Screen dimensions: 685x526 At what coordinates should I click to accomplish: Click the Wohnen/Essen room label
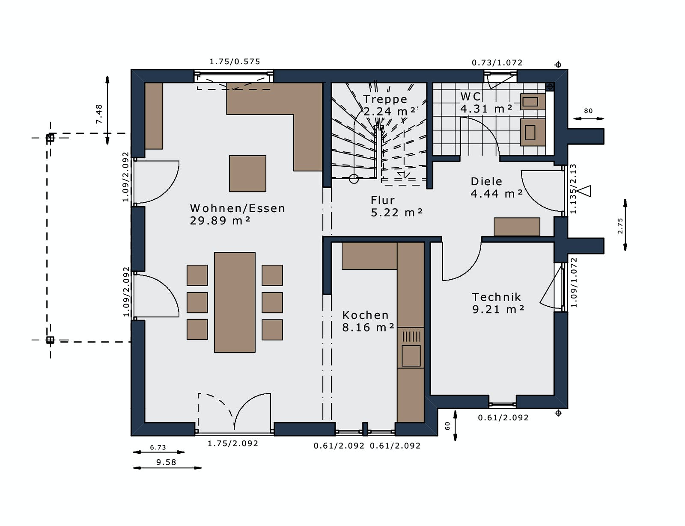click(237, 208)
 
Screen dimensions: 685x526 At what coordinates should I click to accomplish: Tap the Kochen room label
click(365, 315)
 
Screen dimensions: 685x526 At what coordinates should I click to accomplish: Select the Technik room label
click(496, 297)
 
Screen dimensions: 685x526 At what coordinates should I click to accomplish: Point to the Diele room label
click(486, 181)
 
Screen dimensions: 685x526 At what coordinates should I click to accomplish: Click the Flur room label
click(382, 200)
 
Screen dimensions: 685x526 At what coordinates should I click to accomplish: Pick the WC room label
click(471, 97)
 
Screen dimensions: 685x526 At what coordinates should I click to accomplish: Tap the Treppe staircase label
click(385, 100)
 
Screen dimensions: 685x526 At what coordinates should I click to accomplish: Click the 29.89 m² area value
click(220, 221)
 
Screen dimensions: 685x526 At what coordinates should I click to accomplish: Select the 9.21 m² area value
click(498, 310)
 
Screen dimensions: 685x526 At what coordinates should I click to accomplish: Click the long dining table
click(235, 302)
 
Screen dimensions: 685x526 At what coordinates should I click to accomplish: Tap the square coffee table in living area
click(247, 174)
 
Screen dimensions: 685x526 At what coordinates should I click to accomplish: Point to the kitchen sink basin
click(411, 356)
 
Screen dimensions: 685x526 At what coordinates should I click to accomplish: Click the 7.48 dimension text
click(99, 114)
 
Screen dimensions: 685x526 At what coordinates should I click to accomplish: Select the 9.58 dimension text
click(166, 462)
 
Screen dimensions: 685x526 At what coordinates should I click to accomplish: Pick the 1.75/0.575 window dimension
click(235, 62)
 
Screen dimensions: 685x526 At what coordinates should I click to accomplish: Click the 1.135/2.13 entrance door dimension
click(573, 189)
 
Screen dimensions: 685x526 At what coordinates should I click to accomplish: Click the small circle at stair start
click(354, 179)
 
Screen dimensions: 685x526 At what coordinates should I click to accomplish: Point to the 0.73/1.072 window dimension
click(497, 63)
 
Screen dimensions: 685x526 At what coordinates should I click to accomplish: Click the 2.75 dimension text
click(620, 226)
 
